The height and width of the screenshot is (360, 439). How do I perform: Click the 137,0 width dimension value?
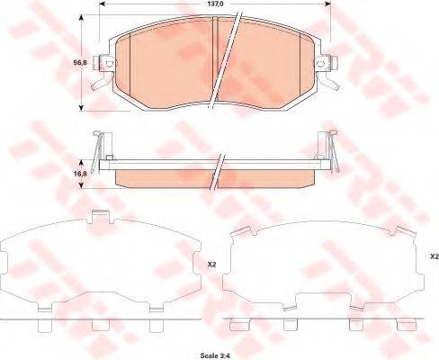click(214, 4)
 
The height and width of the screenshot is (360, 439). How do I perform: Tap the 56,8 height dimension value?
click(80, 63)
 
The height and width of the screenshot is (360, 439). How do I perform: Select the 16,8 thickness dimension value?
click(80, 174)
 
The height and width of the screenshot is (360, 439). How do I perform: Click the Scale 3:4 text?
click(215, 355)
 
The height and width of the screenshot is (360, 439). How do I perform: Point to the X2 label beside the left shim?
click(212, 265)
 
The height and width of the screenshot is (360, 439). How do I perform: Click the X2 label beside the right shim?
click(435, 256)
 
